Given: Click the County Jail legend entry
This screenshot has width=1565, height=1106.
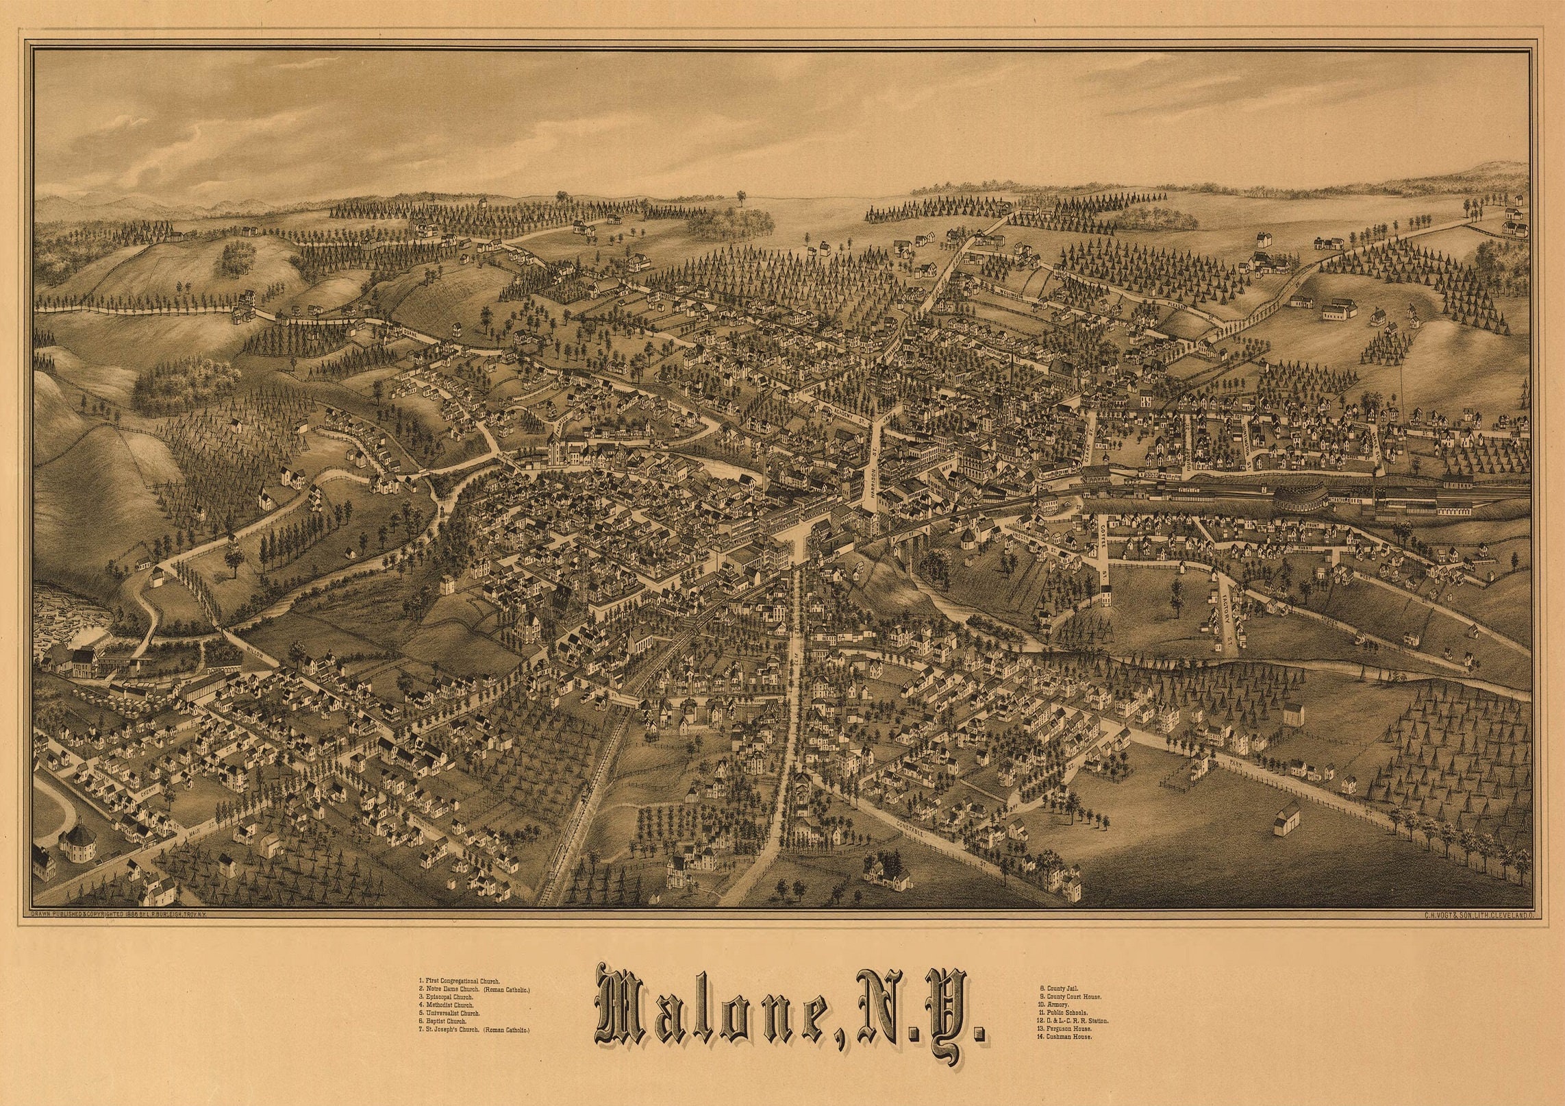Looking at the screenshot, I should coord(1059,988).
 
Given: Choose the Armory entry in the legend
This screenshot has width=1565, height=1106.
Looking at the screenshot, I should coord(1055,1005).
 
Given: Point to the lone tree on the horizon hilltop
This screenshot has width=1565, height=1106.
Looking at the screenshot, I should coord(740,198).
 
